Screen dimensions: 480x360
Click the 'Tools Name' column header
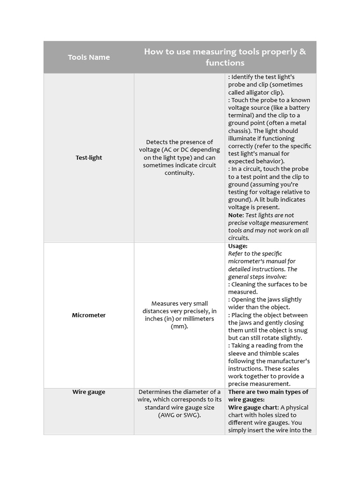[x=89, y=57]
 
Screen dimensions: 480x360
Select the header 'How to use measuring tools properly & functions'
[x=225, y=57]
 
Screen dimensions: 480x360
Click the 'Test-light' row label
[x=89, y=157]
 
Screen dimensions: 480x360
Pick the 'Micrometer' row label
[x=89, y=315]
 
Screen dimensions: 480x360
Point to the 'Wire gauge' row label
[x=89, y=392]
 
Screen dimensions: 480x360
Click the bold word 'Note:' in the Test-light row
[x=236, y=215]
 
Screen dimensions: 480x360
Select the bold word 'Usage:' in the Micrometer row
[x=238, y=246]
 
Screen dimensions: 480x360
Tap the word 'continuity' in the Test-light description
[x=179, y=173]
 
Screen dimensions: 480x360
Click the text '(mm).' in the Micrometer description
[x=180, y=326]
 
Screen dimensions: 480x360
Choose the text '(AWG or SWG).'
[x=180, y=415]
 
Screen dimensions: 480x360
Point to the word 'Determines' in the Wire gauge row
[x=154, y=392]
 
